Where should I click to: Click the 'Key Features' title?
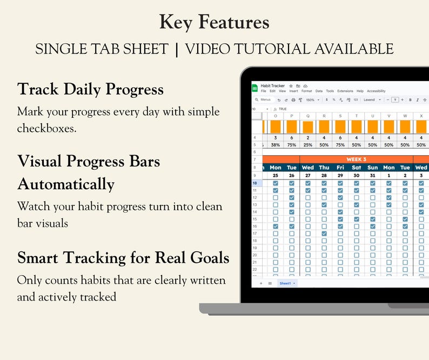pos(214,22)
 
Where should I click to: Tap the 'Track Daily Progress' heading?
pos(90,89)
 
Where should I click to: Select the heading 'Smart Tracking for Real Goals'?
pos(123,258)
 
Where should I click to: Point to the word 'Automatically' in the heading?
pos(66,184)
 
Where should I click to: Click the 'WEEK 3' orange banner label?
pos(356,159)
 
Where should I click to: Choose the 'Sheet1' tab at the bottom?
pos(286,283)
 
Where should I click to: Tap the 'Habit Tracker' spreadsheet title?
pos(273,86)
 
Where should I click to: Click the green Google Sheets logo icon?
pos(255,88)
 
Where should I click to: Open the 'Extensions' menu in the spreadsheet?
pos(345,91)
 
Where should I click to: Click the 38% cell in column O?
pos(276,145)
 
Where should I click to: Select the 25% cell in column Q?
pos(308,145)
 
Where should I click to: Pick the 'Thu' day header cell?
pos(324,168)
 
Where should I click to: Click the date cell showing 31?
pos(373,176)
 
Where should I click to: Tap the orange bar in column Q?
pos(308,127)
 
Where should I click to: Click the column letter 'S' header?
pos(340,115)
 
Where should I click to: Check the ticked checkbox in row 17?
pos(324,234)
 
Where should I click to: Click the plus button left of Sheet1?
pos(261,283)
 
